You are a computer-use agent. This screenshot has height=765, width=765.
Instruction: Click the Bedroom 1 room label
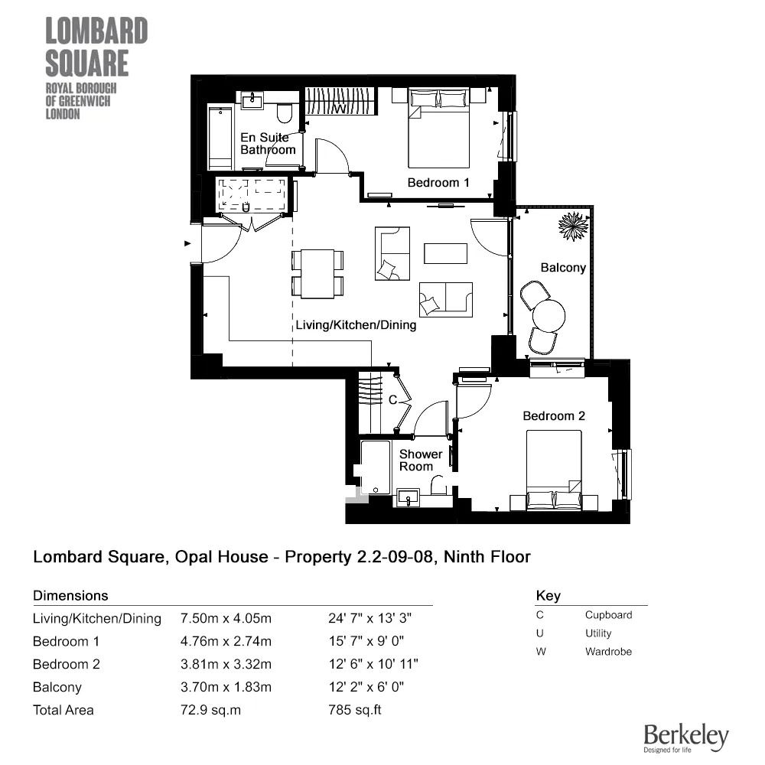click(x=438, y=183)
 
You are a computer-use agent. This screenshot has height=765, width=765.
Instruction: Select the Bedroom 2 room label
click(x=554, y=416)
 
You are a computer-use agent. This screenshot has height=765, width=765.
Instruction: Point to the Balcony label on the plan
click(x=563, y=268)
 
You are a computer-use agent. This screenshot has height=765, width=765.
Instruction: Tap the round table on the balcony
click(x=549, y=314)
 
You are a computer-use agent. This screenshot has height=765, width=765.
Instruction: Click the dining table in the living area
click(x=318, y=274)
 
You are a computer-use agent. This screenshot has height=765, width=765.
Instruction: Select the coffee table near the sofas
click(x=446, y=253)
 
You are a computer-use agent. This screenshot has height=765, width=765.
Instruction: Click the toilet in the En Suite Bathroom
click(x=285, y=114)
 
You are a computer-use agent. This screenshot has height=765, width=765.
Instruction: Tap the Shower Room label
click(x=421, y=460)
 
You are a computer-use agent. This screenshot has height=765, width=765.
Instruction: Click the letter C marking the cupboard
click(x=392, y=400)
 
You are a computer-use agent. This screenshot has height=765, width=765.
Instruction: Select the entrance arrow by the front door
click(x=187, y=244)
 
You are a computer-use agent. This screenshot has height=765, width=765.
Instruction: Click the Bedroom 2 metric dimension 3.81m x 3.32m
click(x=226, y=664)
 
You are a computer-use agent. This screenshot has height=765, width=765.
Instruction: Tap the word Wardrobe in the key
click(x=608, y=652)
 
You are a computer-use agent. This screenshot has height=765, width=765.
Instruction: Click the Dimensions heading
click(x=70, y=595)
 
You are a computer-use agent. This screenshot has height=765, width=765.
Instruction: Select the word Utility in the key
click(x=598, y=633)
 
